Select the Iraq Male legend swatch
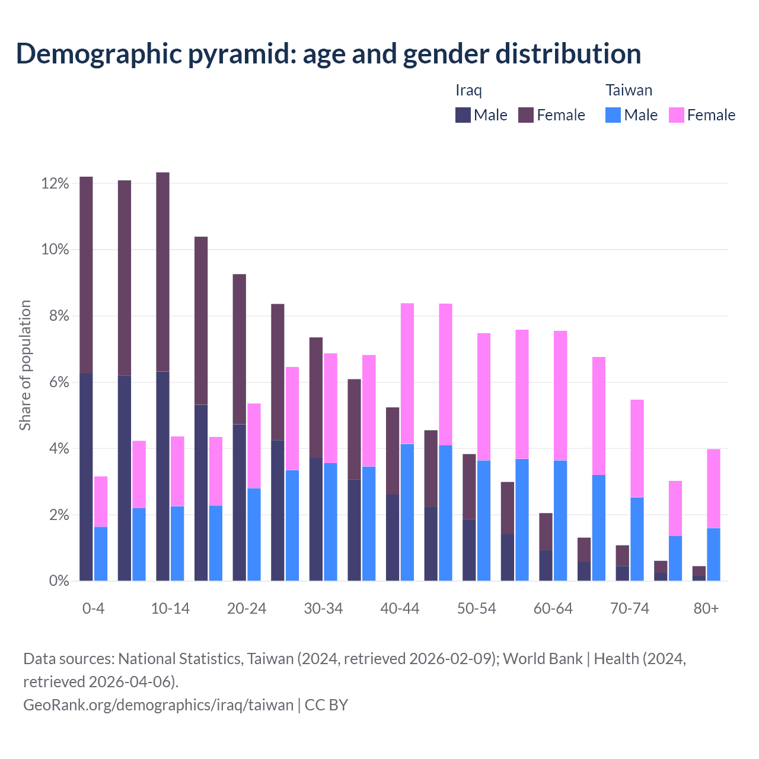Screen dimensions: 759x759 (463, 115)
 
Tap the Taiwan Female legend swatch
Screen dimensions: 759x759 (676, 115)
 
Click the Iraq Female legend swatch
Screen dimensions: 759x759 (526, 115)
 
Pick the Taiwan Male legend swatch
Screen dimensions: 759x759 (613, 115)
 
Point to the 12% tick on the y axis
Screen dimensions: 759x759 (55, 184)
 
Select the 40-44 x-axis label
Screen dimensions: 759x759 (400, 609)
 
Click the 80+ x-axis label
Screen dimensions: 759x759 (706, 609)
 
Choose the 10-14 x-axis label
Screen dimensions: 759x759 (170, 609)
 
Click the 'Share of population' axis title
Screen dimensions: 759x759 (25, 365)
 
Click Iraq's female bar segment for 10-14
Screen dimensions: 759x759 (163, 272)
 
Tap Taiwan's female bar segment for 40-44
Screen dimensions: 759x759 (407, 374)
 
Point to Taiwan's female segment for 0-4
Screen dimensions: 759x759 (101, 502)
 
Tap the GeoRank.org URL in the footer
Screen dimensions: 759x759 (158, 705)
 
